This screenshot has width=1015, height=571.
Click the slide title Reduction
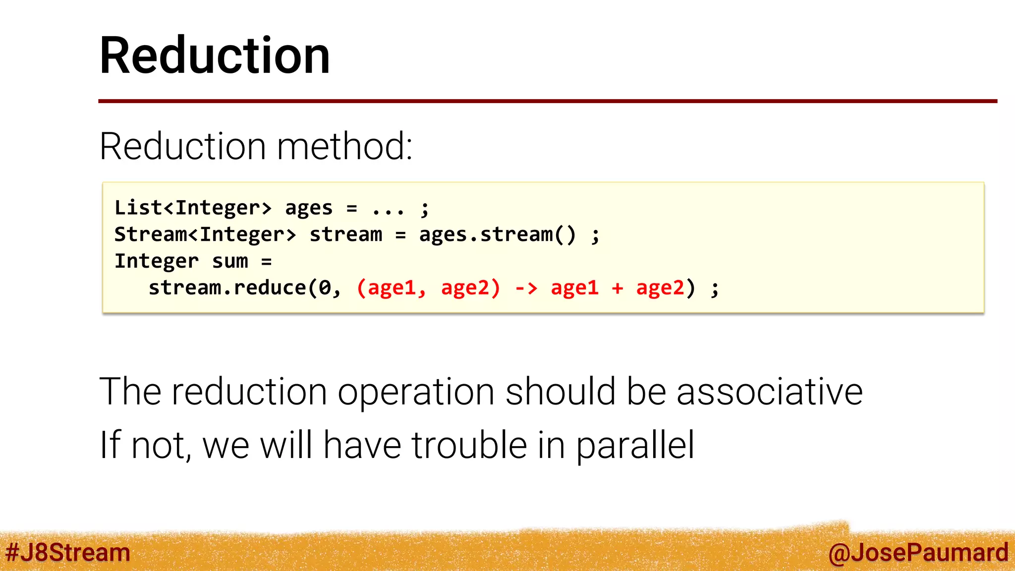[x=215, y=56]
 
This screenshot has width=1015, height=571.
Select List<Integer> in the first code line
[x=193, y=208]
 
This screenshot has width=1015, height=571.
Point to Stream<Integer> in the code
[x=205, y=234]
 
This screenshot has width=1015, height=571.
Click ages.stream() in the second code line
[x=497, y=234]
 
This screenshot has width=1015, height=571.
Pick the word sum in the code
[x=230, y=261]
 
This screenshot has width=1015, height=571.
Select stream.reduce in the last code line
[x=227, y=288]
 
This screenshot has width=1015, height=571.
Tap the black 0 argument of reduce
[x=325, y=288]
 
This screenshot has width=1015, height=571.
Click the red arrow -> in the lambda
[x=526, y=288]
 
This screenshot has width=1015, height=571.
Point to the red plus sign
[x=617, y=288]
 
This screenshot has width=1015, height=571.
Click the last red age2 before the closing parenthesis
[x=660, y=288]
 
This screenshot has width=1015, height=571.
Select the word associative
[x=769, y=392]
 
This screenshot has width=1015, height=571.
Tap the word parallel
[x=635, y=445]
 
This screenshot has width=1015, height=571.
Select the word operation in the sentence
[x=416, y=392]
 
